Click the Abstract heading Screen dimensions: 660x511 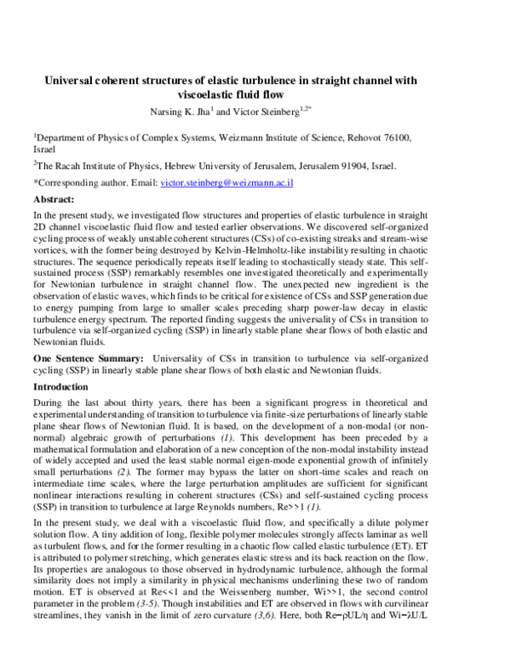55,198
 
